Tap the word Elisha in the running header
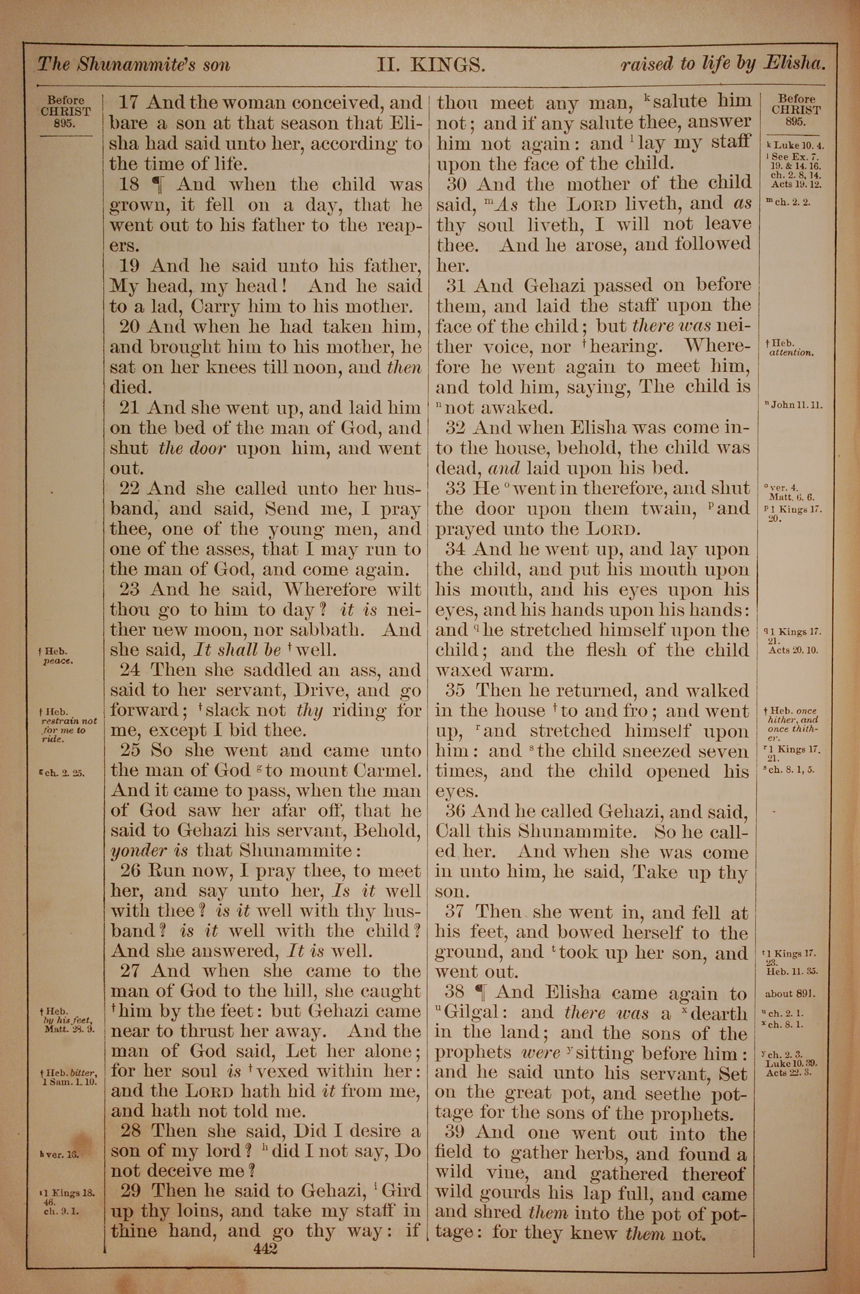pos(794,64)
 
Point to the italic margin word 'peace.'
pos(58,660)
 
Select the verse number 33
pos(456,488)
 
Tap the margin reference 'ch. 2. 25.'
pos(65,773)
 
